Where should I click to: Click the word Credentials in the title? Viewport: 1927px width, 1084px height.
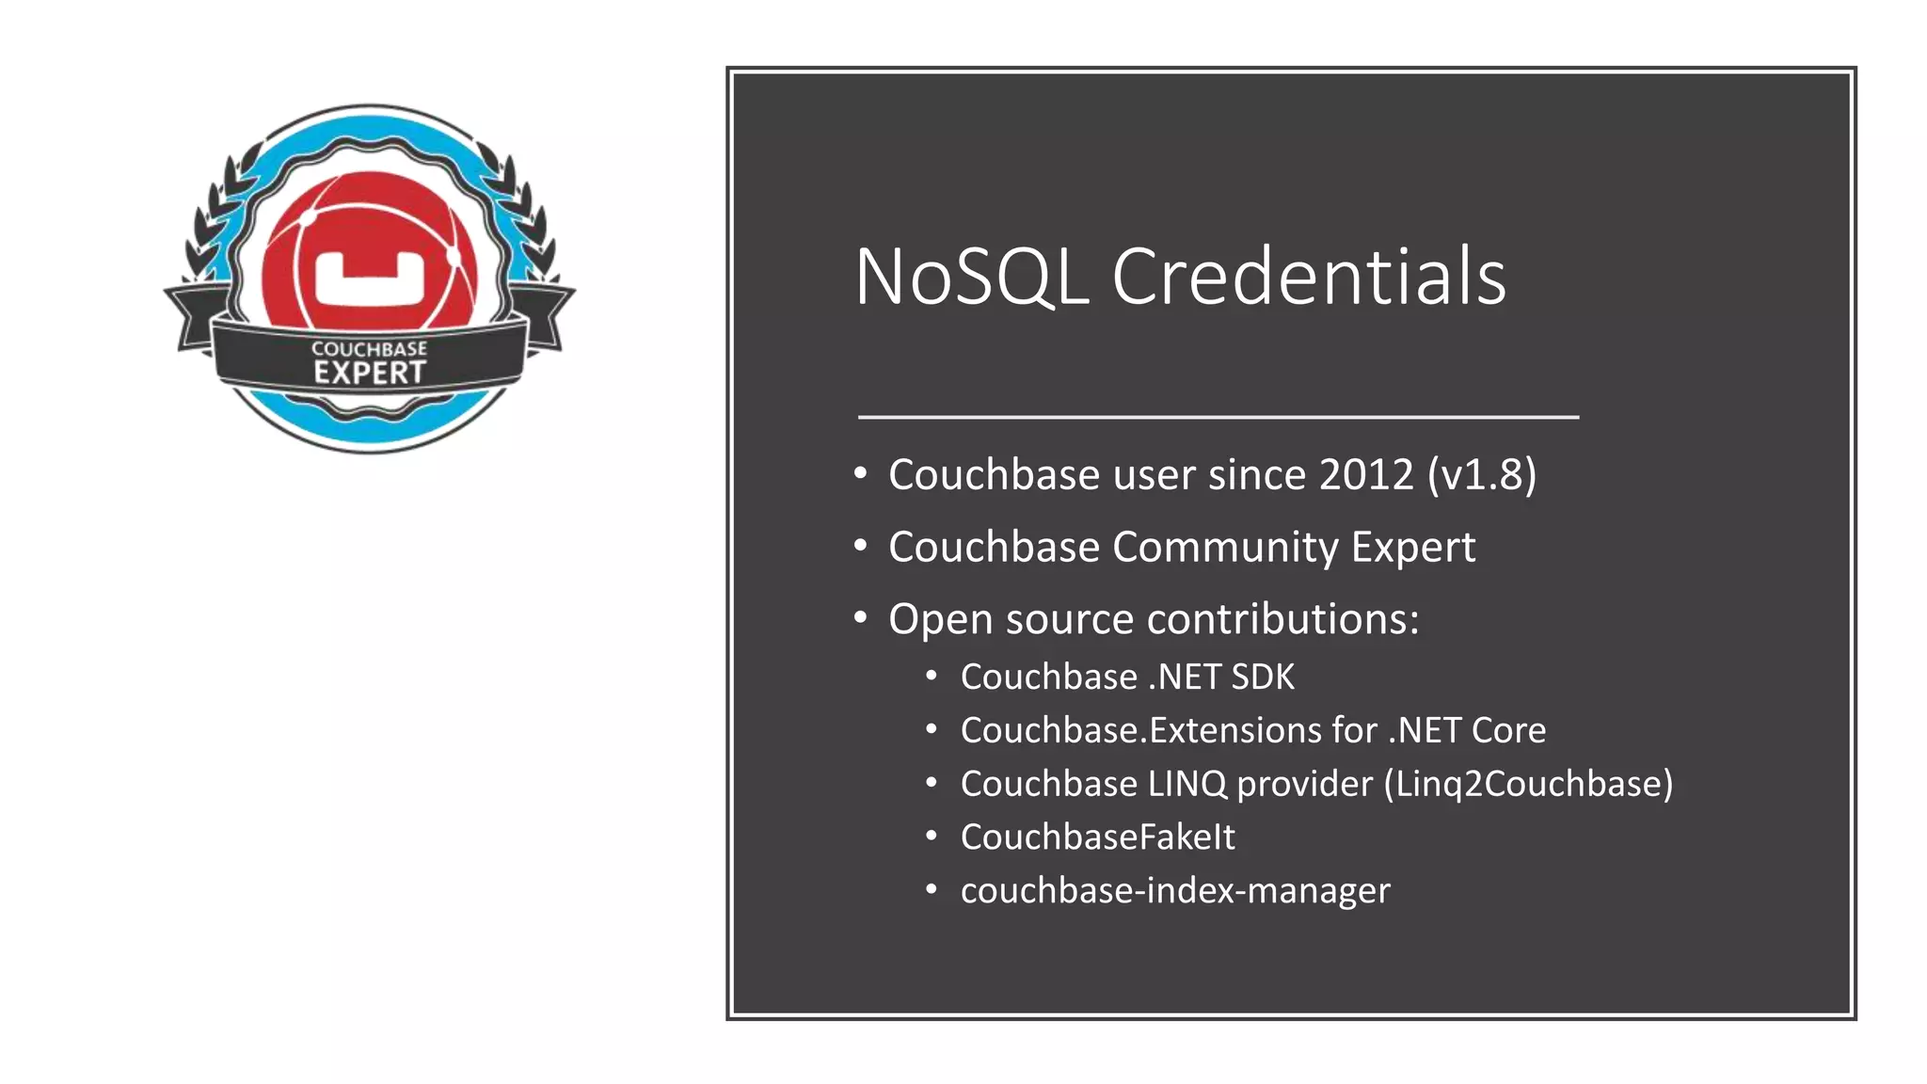1309,277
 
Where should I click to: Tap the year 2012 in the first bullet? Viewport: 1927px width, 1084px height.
1366,474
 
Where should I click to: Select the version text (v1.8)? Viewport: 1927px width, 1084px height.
1482,474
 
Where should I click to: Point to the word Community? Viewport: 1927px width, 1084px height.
1226,548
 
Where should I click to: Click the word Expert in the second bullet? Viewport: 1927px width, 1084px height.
1413,548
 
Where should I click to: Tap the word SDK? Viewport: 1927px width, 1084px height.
1263,677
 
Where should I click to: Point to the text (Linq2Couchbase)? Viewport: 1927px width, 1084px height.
1528,784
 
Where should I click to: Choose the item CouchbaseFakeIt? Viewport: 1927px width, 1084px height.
1097,837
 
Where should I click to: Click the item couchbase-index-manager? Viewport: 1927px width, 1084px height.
1175,890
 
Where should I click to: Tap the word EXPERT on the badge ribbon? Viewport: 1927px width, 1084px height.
370,373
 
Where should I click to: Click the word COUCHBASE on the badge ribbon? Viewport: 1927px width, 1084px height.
370,349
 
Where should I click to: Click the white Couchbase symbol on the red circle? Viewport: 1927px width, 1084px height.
370,279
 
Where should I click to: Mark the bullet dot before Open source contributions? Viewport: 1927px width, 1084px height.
860,618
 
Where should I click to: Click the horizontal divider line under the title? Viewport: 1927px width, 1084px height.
1218,416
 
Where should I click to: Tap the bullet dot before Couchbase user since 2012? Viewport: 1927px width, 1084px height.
860,473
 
